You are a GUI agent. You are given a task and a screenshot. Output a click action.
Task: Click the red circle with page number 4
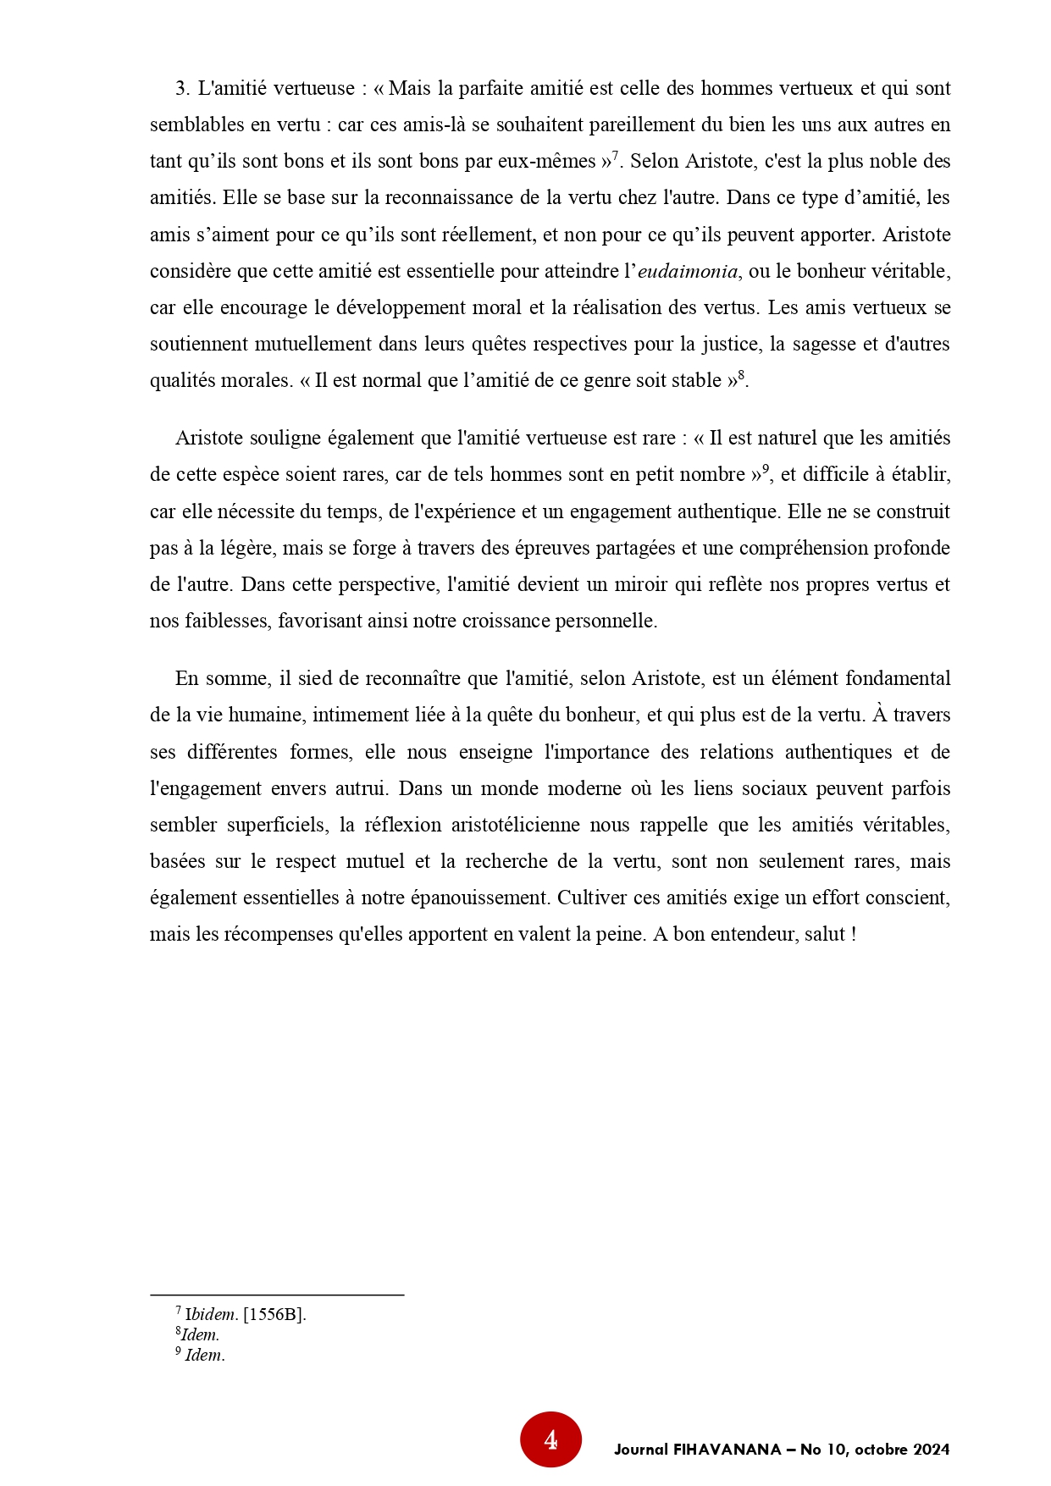(x=550, y=1439)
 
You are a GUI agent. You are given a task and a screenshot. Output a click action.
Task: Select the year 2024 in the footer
(x=932, y=1450)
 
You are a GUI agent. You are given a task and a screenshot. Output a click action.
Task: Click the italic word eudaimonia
(x=688, y=272)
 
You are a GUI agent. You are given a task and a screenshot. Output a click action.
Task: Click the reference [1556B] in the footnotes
(x=274, y=1315)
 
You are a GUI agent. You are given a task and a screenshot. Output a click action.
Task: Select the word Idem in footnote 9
(x=204, y=1356)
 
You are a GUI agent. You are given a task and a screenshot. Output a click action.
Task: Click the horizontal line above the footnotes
(x=277, y=1295)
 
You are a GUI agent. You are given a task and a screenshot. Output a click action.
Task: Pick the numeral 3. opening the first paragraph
(x=182, y=89)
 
